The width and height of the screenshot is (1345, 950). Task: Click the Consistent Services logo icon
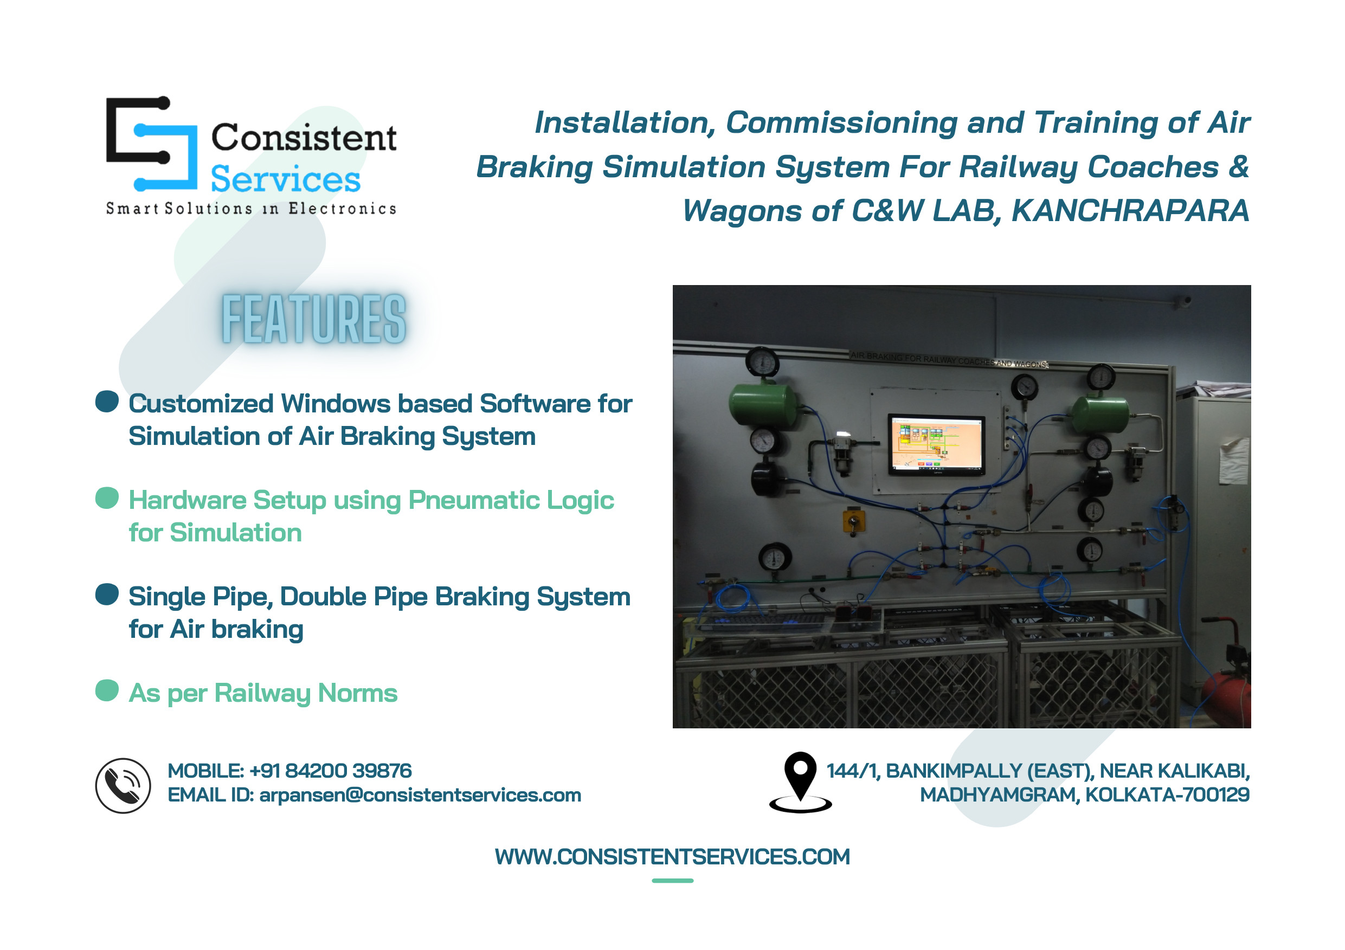pyautogui.click(x=152, y=144)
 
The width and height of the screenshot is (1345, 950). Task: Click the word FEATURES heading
pyautogui.click(x=313, y=319)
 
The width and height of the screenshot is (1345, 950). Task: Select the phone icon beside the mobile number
pyautogui.click(x=123, y=785)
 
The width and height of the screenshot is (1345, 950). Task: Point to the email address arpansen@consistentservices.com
pyautogui.click(x=420, y=795)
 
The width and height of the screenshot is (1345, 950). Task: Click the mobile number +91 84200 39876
pyautogui.click(x=330, y=770)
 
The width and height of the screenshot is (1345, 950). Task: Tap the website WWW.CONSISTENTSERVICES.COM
pyautogui.click(x=672, y=856)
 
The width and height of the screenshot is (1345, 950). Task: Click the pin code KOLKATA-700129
pyautogui.click(x=1167, y=794)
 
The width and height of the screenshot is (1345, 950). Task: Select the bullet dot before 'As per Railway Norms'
pyautogui.click(x=107, y=690)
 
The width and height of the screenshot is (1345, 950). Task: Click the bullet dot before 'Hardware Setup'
pyautogui.click(x=107, y=498)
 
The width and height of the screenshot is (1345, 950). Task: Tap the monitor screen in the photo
pyautogui.click(x=936, y=444)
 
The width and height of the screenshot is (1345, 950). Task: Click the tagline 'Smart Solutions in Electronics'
pyautogui.click(x=250, y=209)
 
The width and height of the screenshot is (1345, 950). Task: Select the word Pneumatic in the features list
pyautogui.click(x=473, y=500)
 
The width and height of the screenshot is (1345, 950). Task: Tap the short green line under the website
pyautogui.click(x=672, y=880)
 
